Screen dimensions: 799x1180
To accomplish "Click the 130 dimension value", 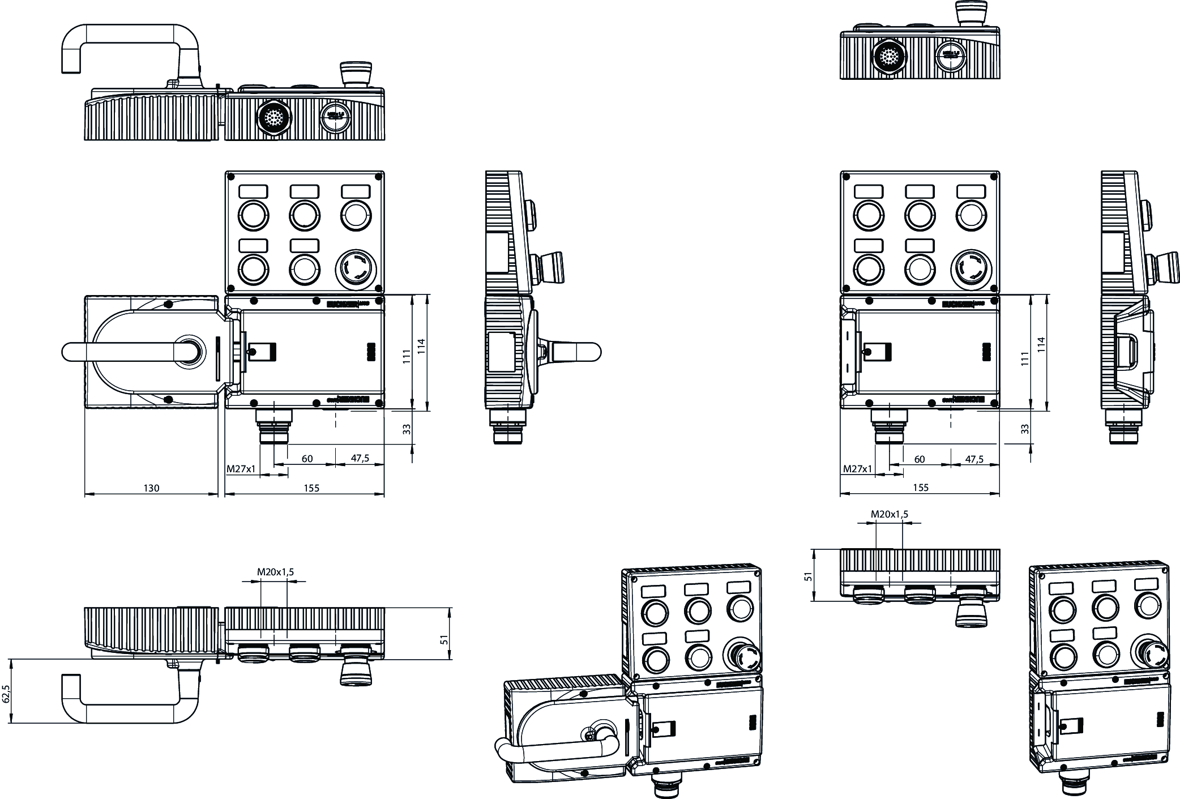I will [x=151, y=488].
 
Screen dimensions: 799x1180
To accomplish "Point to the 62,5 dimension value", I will [x=6, y=694].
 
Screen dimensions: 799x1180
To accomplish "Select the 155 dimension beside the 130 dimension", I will [x=311, y=488].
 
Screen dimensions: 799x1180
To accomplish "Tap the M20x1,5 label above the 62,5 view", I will [x=276, y=572].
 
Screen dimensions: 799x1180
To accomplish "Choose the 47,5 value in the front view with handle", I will [x=360, y=458].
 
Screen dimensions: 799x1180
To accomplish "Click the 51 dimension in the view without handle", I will [x=809, y=576].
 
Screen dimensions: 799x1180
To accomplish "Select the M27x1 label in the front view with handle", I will [x=241, y=469].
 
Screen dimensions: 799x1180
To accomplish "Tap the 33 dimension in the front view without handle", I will [x=1024, y=429].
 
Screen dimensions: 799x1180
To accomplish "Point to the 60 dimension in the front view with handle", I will [x=307, y=458].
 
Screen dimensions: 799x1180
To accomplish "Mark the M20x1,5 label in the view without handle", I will [x=889, y=514].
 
